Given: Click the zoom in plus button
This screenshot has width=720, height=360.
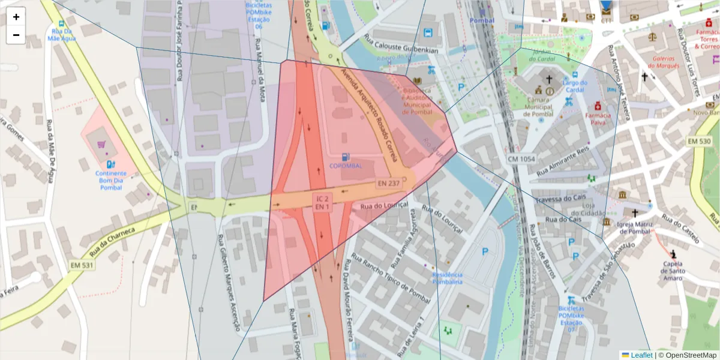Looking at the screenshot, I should (x=16, y=17).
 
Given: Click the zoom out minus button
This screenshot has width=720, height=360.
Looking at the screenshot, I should (x=16, y=35).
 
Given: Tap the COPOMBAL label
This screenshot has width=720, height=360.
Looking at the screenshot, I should (x=346, y=166).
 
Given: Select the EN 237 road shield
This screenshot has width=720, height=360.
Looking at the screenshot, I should (x=389, y=183).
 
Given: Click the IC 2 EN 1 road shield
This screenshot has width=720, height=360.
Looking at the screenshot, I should (x=322, y=202).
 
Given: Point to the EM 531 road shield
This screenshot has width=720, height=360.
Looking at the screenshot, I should (x=82, y=265).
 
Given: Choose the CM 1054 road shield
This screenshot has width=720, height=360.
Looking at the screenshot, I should (x=520, y=159).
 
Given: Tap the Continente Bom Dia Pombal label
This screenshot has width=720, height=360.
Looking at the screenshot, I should (x=111, y=180).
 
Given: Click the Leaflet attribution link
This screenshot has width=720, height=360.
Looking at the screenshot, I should (x=641, y=355).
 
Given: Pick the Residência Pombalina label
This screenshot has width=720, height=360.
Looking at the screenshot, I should (x=447, y=278).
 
